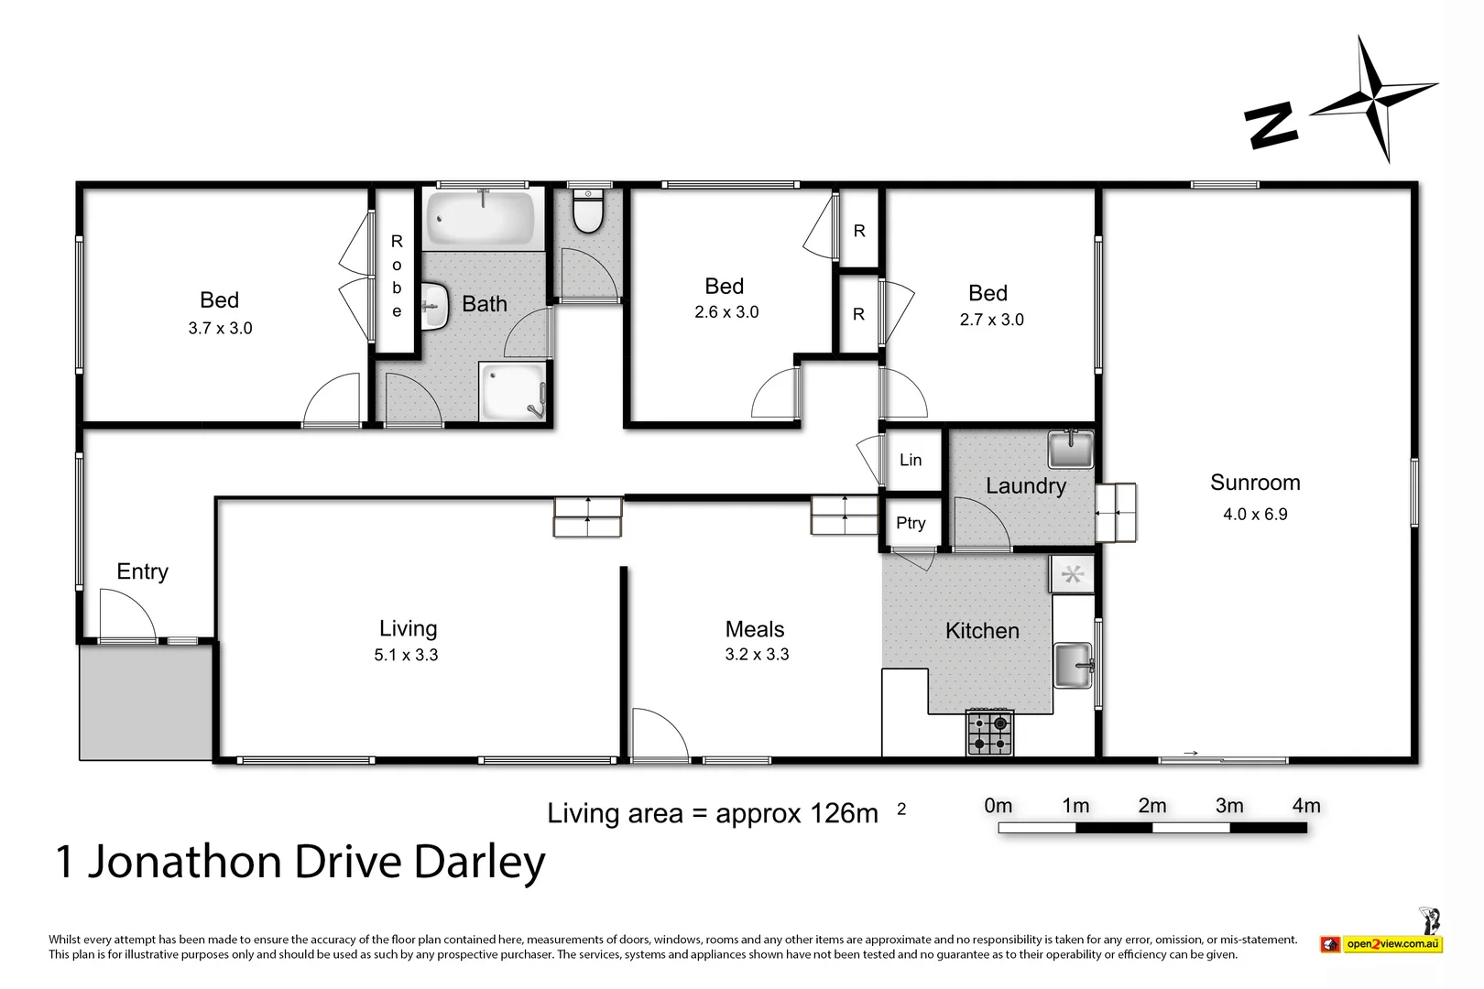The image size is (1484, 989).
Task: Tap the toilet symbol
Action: point(587,212)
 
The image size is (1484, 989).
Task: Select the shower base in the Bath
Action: point(513,391)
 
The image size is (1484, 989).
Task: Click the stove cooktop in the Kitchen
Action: point(990,732)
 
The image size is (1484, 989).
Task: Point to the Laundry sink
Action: point(1070,449)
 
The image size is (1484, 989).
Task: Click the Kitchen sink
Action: point(1073,666)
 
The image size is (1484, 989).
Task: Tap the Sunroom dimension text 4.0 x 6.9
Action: point(1255,515)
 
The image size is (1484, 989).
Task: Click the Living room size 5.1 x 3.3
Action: point(406,655)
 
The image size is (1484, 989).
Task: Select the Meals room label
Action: point(755,629)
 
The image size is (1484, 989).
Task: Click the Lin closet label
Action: point(911,460)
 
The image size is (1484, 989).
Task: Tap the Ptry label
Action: point(911,523)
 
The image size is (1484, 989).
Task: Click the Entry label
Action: point(143,571)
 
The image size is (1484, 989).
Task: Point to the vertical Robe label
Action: point(397,276)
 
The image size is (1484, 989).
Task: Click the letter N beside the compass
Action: point(1271,125)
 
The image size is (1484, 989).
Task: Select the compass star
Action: point(1373,98)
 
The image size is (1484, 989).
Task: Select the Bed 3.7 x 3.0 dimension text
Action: point(220,328)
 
